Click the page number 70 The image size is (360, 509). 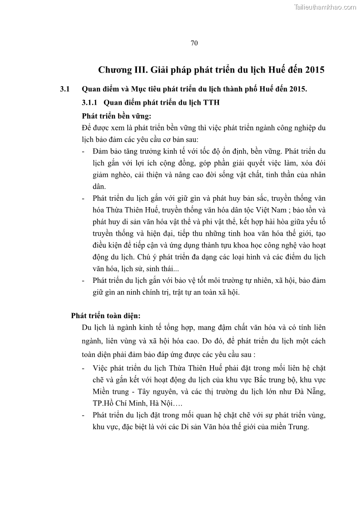tap(194, 43)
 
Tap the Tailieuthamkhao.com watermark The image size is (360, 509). tap(326, 7)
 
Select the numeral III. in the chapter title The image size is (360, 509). tap(142, 70)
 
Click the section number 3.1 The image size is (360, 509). tap(65, 89)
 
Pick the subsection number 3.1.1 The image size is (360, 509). tap(90, 102)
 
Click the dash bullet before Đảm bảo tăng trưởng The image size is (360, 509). tap(83, 150)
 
